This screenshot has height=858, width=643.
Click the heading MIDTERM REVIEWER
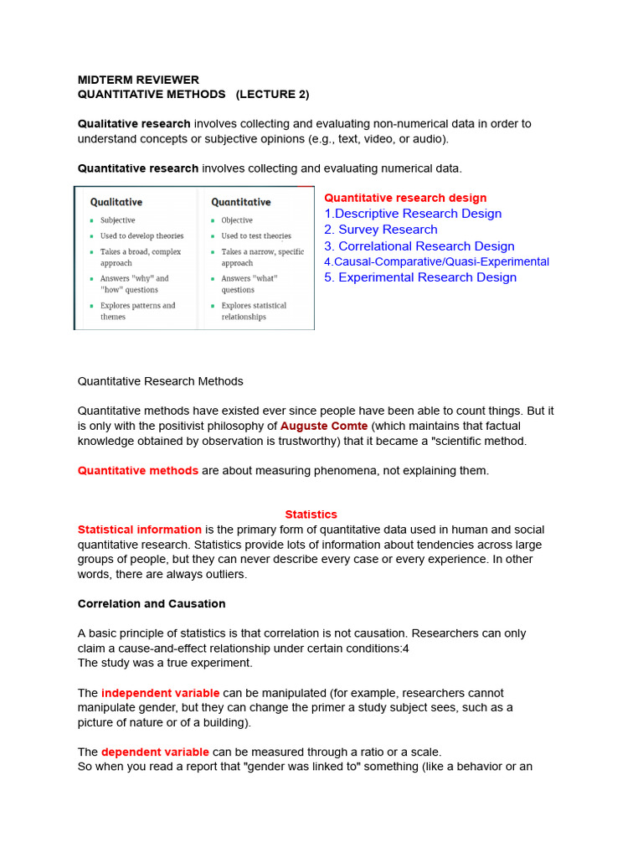click(138, 80)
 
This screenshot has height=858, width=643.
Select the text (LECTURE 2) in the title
click(272, 94)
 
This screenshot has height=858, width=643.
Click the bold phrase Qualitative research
click(134, 123)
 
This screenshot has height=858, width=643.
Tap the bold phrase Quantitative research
click(138, 168)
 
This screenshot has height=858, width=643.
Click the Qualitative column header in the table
click(116, 202)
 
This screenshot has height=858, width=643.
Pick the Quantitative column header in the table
click(241, 202)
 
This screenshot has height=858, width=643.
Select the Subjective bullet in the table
click(117, 220)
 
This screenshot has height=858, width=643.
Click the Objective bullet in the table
click(237, 220)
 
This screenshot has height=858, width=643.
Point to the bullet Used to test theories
click(256, 236)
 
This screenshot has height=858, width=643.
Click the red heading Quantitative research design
click(405, 198)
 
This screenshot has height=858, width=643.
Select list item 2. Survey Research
click(381, 230)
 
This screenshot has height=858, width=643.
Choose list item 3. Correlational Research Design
click(419, 246)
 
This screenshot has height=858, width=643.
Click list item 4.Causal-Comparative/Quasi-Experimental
click(436, 261)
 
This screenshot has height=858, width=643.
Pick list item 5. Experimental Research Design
click(420, 277)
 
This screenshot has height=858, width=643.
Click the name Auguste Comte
click(324, 426)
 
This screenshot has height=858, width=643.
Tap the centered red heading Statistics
click(311, 514)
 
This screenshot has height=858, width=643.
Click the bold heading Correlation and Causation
click(152, 603)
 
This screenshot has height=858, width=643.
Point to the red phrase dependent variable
click(155, 752)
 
